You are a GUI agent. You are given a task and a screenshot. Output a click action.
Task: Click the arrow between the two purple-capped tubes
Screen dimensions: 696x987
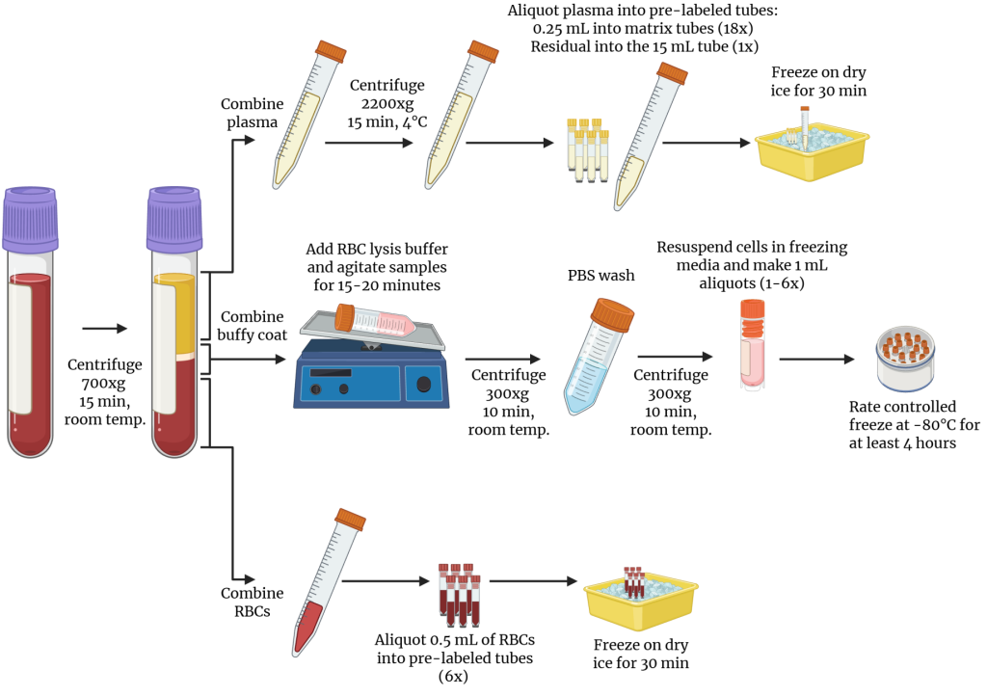point(104,329)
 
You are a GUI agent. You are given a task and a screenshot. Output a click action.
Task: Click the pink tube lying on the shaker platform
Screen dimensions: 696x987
point(376,321)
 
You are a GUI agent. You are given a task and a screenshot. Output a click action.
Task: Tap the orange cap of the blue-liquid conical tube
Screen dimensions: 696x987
point(612,314)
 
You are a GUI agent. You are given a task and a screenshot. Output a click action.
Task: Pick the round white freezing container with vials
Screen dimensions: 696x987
point(905,359)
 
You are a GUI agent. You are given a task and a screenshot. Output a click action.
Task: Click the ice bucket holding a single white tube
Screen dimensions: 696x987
point(811,150)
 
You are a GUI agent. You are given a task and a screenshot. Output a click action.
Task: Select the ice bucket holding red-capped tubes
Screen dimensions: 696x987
point(640,600)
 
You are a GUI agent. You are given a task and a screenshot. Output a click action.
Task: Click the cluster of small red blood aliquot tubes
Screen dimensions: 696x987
point(459,595)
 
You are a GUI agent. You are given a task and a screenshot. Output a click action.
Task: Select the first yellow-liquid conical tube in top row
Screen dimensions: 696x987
point(308,116)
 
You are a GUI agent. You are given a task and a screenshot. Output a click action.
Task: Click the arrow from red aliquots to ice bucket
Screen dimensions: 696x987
point(532,581)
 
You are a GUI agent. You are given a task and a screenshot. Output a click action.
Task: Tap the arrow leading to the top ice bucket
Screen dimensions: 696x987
point(706,143)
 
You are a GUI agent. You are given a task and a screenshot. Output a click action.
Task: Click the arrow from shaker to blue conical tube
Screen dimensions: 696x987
point(502,360)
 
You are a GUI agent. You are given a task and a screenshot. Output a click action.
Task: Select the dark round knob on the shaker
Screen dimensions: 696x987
point(423,385)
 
